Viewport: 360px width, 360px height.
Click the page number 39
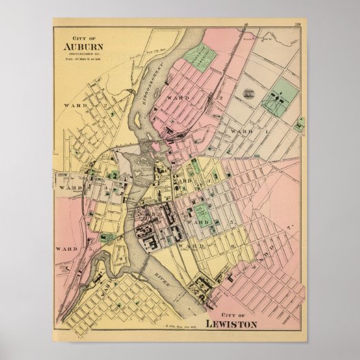pos(298,25)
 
